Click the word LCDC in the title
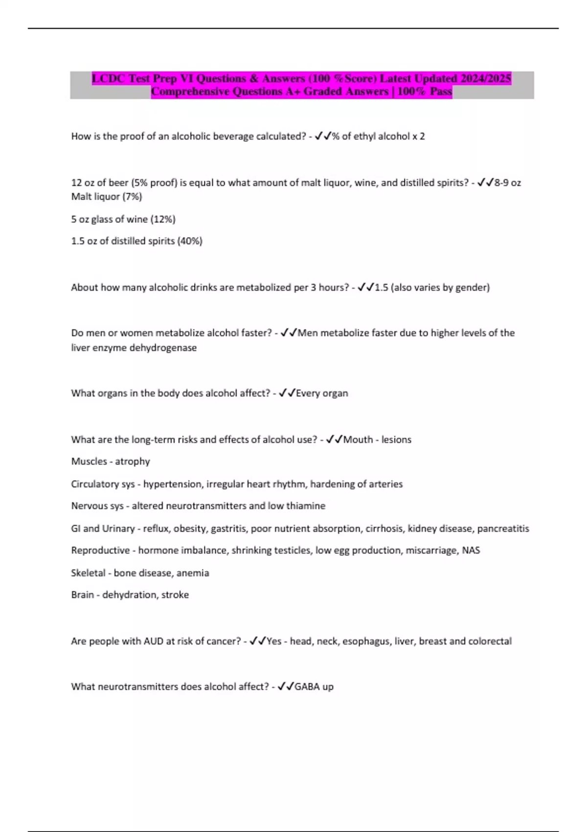pos(109,78)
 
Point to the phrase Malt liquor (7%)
pos(107,197)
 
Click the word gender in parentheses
pos(471,288)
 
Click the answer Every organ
pos(322,393)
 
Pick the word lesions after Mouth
pos(396,440)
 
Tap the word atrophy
pos(133,462)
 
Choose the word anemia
pos(193,573)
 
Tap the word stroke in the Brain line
pos(175,595)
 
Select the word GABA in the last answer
pos(307,687)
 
